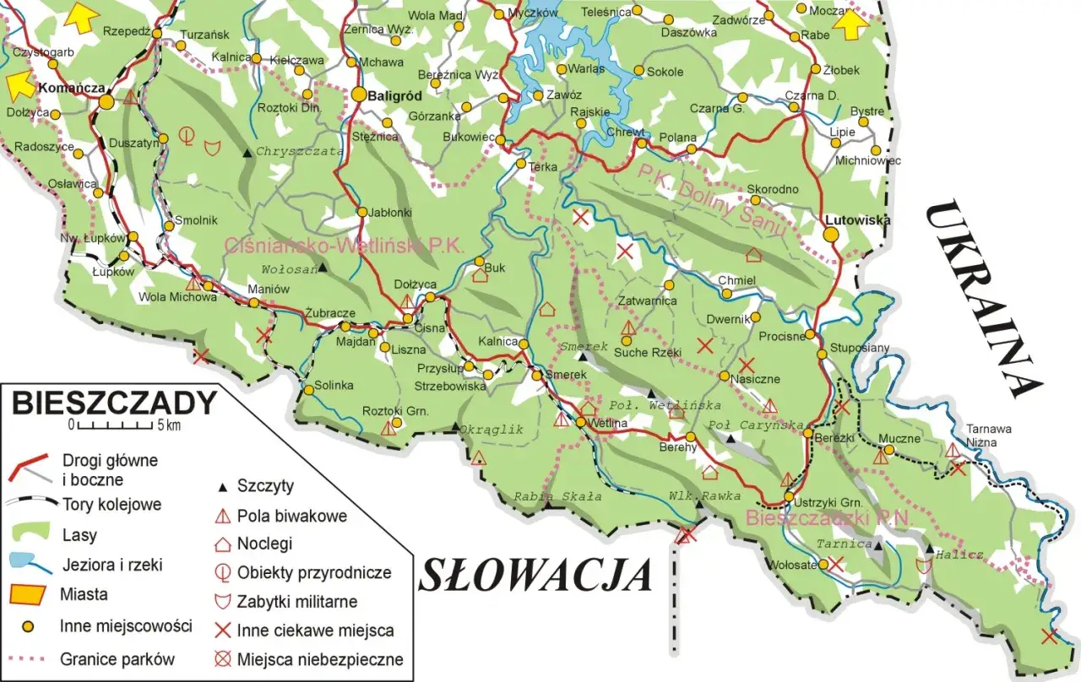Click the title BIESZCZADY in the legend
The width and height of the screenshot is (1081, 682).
(113, 403)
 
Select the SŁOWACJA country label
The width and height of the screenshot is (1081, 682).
(535, 576)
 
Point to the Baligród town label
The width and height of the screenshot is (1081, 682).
(394, 95)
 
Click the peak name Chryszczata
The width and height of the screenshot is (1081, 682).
(300, 151)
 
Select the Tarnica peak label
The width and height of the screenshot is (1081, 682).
(843, 544)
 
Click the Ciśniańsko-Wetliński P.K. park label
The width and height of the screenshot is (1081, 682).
(345, 246)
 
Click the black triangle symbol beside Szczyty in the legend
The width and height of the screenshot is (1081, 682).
(223, 487)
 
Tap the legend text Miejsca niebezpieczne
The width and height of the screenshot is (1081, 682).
(320, 659)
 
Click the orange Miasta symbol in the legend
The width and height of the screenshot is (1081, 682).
(26, 594)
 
